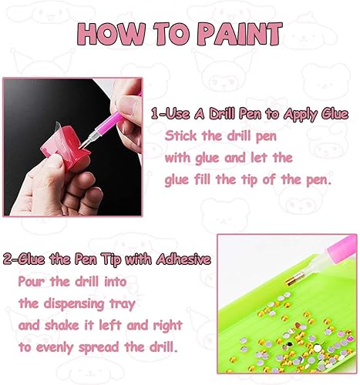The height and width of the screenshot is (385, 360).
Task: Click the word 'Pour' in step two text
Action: tap(32, 281)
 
